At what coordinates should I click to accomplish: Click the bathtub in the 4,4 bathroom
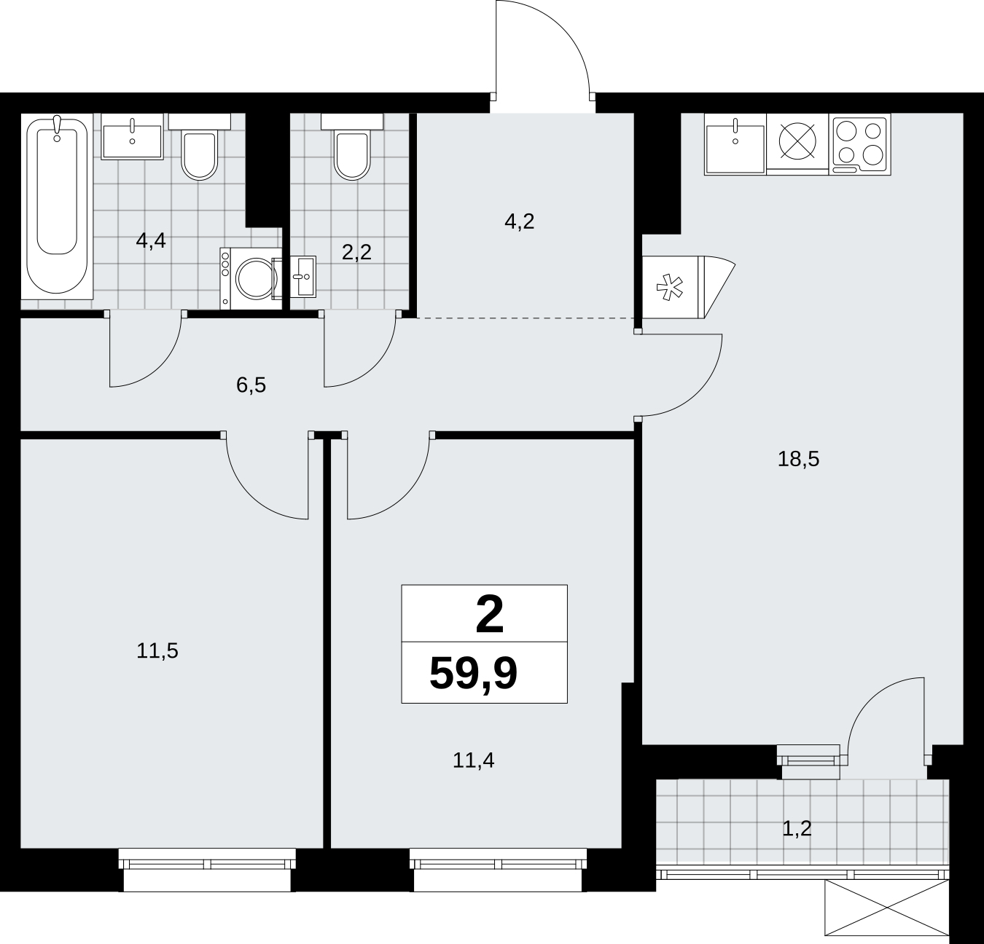(x=57, y=206)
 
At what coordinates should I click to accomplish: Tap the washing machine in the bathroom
(x=251, y=278)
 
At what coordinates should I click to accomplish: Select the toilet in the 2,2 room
(x=352, y=146)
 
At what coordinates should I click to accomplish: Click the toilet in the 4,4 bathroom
(x=200, y=146)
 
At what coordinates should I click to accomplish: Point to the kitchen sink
(x=735, y=144)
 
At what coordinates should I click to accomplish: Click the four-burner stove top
(x=859, y=144)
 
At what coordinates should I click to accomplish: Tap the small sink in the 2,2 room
(x=303, y=276)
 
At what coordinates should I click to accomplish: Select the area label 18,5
(x=798, y=460)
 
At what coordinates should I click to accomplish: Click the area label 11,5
(x=157, y=651)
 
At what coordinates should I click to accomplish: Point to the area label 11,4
(x=473, y=760)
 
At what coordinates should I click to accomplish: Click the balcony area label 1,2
(x=797, y=829)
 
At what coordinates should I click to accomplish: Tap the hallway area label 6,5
(x=251, y=385)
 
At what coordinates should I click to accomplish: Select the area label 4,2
(x=519, y=222)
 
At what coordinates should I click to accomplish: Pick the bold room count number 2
(x=490, y=615)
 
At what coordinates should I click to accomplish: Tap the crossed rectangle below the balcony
(x=887, y=908)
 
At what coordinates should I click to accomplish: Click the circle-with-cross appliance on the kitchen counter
(x=797, y=141)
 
